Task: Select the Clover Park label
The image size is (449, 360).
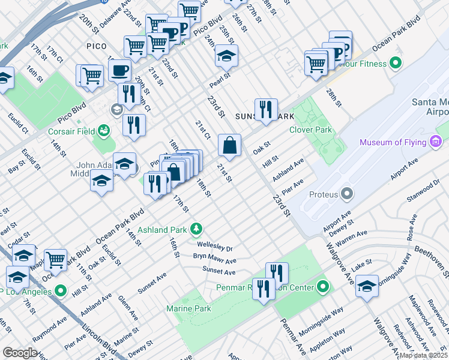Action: click(310, 130)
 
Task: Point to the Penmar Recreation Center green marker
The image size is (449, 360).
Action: click(324, 286)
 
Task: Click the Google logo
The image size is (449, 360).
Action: click(20, 352)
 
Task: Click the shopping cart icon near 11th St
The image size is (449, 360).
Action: click(56, 260)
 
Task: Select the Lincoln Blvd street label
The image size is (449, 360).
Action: click(91, 340)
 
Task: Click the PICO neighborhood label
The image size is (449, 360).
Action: click(96, 46)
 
